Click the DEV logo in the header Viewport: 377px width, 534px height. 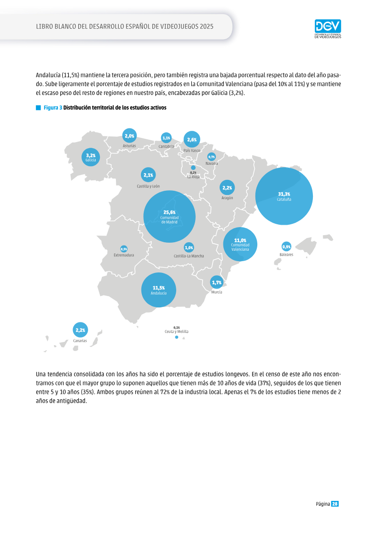coord(328,29)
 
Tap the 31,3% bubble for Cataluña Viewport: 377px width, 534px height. coord(284,196)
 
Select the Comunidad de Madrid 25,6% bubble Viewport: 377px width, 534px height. coord(169,217)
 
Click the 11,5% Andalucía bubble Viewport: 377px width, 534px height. coord(158,290)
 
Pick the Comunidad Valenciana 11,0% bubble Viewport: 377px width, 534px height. coord(240,244)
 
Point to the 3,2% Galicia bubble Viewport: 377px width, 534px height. coord(91,157)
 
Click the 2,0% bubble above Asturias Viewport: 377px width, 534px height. coord(129,136)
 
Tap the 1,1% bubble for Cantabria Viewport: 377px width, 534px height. coord(166,138)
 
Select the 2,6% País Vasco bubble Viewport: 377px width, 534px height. coord(192,139)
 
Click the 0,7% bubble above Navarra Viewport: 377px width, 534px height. coord(212,157)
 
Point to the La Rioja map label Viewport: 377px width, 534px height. coord(193,177)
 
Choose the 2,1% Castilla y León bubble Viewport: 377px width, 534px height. coord(148,175)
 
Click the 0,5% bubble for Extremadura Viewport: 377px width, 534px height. coord(124,249)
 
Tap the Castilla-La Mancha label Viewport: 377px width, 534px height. coord(188,256)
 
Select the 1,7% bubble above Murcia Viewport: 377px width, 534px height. coord(217,282)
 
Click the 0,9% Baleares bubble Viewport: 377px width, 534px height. coord(286,246)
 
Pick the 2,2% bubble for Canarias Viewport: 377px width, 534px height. coord(80,330)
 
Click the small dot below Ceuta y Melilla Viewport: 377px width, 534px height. coord(176,337)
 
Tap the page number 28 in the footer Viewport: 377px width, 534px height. coord(335,504)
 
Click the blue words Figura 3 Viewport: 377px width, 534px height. coord(53,108)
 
